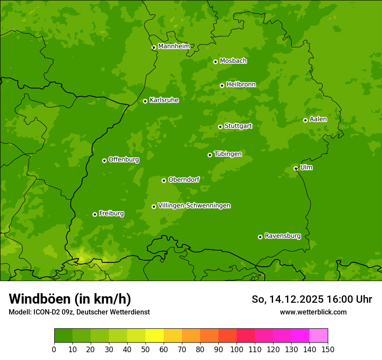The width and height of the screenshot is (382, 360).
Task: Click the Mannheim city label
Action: tap(174, 46)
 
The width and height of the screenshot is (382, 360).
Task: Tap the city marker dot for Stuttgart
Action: tap(220, 127)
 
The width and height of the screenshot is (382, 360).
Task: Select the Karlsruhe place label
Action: tap(164, 100)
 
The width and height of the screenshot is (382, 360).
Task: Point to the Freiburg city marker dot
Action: tap(95, 214)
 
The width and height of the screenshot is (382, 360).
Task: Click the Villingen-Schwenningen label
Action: tap(194, 206)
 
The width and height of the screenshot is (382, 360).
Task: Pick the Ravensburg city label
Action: tap(282, 236)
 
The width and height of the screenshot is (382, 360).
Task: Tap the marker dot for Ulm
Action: tap(296, 168)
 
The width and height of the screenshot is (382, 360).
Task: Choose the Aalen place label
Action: tap(318, 119)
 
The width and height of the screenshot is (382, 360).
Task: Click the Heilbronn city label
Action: tap(241, 85)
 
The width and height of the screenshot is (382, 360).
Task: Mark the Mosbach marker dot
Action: tap(215, 62)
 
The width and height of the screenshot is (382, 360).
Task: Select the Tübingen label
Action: tap(227, 154)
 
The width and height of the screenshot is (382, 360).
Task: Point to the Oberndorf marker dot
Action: tap(164, 180)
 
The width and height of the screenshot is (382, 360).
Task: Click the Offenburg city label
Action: tap(123, 160)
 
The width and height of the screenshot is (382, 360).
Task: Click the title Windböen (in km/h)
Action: tap(69, 299)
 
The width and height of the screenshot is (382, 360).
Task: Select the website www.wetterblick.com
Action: tap(313, 312)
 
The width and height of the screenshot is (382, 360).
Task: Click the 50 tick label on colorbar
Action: tap(145, 349)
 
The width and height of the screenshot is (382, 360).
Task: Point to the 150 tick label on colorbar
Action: tap(328, 349)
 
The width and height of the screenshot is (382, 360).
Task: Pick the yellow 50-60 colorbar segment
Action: tap(155, 336)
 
